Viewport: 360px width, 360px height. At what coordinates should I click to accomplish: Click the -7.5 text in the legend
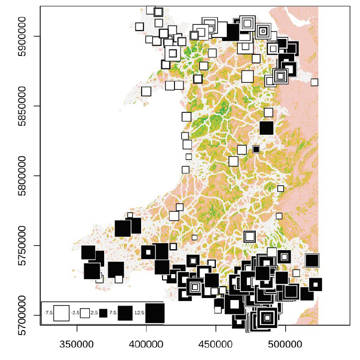48,313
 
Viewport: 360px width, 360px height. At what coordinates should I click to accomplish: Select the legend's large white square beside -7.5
61,313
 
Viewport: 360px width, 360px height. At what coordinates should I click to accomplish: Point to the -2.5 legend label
75,313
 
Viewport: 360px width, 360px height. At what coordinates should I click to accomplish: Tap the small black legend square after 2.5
103,313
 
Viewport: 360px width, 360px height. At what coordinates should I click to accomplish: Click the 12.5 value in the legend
140,313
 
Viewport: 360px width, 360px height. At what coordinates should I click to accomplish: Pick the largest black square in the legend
155,313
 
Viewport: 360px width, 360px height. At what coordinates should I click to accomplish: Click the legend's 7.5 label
113,313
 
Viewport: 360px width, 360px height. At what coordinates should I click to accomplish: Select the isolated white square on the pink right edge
314,82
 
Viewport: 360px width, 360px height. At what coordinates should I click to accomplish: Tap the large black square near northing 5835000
267,128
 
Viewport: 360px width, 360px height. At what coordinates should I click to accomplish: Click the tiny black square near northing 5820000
256,149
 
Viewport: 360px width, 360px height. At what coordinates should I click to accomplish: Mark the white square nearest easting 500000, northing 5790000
280,189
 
